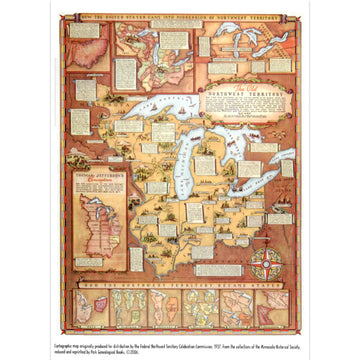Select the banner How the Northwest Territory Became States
click(180, 284)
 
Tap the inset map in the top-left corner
click(89, 46)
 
